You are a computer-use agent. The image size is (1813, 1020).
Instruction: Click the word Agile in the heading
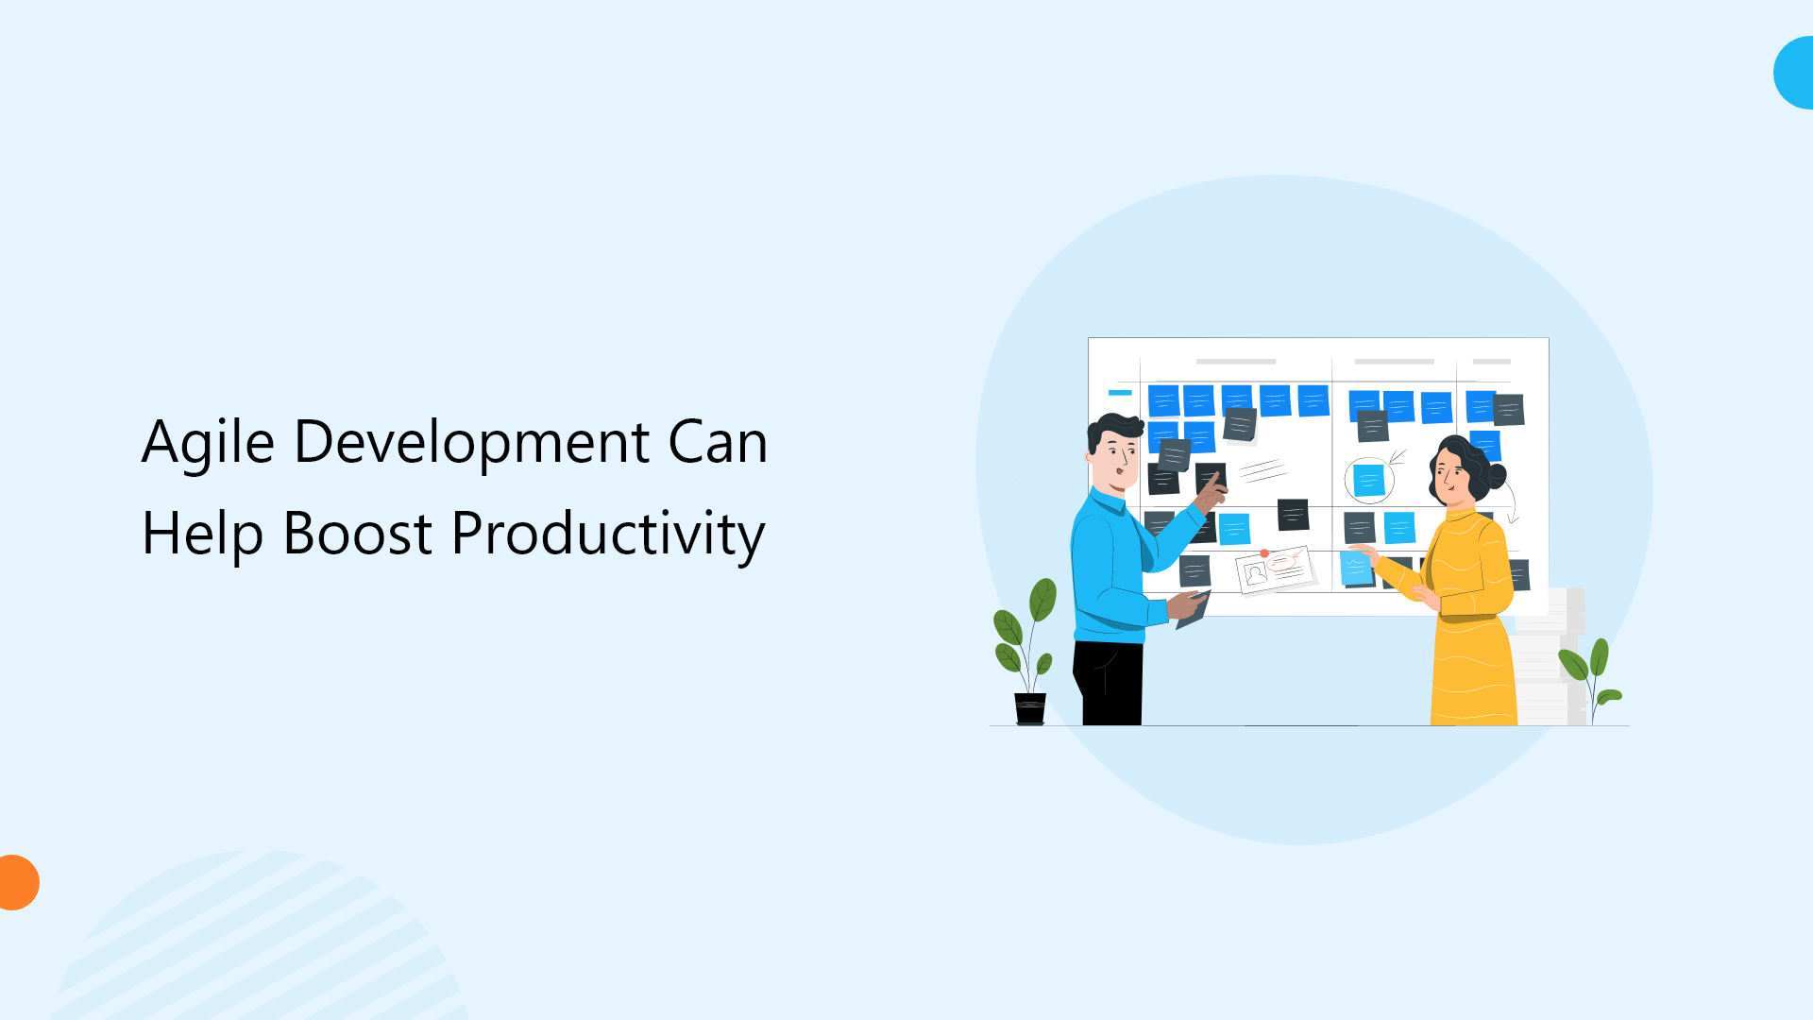click(x=208, y=442)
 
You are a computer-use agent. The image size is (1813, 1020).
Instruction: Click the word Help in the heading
click(x=202, y=534)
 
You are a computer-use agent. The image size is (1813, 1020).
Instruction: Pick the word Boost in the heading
click(x=357, y=534)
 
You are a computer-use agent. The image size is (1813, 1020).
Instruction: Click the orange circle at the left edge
click(x=16, y=882)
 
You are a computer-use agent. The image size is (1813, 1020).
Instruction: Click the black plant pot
click(x=1029, y=708)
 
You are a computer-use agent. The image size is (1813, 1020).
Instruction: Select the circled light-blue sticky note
click(x=1368, y=480)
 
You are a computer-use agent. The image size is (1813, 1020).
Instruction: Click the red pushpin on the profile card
click(x=1264, y=553)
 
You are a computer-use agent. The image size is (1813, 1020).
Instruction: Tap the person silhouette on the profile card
click(x=1255, y=574)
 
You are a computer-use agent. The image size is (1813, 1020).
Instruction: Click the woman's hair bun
click(x=1497, y=475)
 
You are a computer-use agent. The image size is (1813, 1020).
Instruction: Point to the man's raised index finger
click(x=1215, y=478)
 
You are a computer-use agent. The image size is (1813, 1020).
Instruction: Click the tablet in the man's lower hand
click(x=1194, y=612)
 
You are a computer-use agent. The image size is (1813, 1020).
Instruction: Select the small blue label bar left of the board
click(x=1120, y=392)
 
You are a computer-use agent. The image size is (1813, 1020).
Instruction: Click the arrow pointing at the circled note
click(x=1397, y=458)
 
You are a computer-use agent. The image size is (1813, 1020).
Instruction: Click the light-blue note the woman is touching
click(x=1356, y=569)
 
